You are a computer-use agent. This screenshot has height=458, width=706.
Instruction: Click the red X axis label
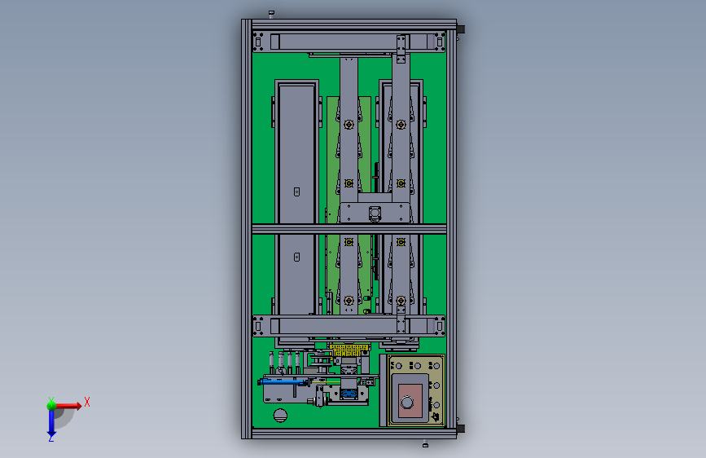pos(87,402)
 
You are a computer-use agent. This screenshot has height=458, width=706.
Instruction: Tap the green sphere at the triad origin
pos(51,405)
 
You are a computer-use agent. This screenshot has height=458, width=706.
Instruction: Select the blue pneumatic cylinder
pos(283,382)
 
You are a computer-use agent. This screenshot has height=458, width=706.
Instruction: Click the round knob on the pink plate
pos(407,402)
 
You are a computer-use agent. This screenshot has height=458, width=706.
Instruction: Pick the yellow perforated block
pos(349,350)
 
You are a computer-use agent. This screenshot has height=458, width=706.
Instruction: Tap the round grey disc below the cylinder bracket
pos(280,415)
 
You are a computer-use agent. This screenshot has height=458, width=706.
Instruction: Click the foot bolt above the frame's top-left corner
pos(271,14)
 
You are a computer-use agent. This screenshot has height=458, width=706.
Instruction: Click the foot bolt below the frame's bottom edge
pos(425,444)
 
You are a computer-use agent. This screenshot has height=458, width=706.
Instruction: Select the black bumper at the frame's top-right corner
pos(461,31)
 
